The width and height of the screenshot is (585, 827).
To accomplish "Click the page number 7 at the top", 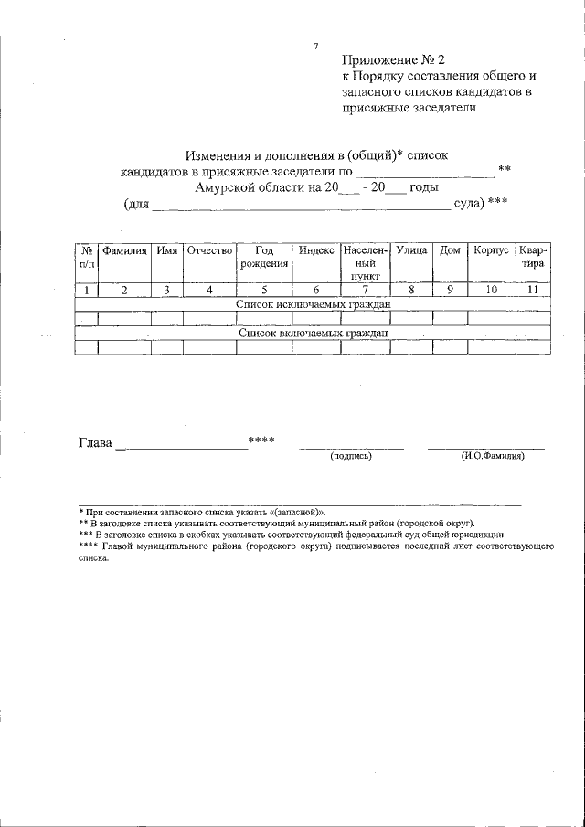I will coord(315,46).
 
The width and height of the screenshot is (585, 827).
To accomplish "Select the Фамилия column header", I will coord(124,249).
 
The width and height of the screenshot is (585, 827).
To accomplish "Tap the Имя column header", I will coord(166,249).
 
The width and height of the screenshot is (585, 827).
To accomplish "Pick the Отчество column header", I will coord(209,249).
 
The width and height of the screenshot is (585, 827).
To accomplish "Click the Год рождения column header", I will coord(264,257).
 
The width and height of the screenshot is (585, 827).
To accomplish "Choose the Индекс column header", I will coord(316,249).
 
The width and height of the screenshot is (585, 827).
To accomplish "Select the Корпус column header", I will coord(492,249).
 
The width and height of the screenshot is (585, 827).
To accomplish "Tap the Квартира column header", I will coord(533,257).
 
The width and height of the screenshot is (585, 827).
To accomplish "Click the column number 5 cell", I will coord(264,291).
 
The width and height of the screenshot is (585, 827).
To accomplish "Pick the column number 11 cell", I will coord(533,291).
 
